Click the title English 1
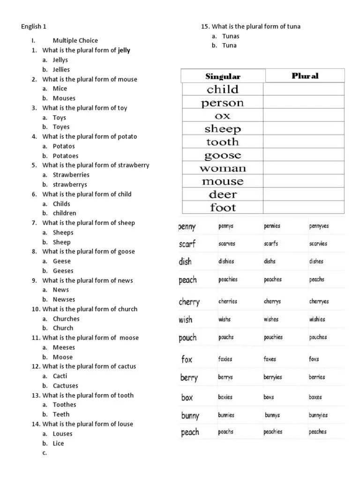pyautogui.click(x=34, y=27)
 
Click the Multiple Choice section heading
pyautogui.click(x=75, y=40)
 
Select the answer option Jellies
pyautogui.click(x=61, y=69)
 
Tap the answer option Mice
pyautogui.click(x=60, y=88)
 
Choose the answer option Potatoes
pyautogui.click(x=66, y=156)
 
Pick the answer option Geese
pyautogui.click(x=62, y=261)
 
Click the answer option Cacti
pyautogui.click(x=60, y=376)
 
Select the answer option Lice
pyautogui.click(x=59, y=443)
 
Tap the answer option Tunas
pyautogui.click(x=231, y=36)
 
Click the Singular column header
pyautogui.click(x=223, y=76)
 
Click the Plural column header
pyautogui.click(x=305, y=76)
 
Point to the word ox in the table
pyautogui.click(x=223, y=116)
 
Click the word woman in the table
pyautogui.click(x=223, y=168)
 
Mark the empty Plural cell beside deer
pyautogui.click(x=304, y=195)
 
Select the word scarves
pyautogui.click(x=227, y=244)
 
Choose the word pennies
pyautogui.click(x=272, y=226)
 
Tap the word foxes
pyautogui.click(x=270, y=359)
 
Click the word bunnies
pyautogui.click(x=226, y=415)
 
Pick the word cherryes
pyautogui.click(x=319, y=301)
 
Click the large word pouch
pyautogui.click(x=187, y=337)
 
